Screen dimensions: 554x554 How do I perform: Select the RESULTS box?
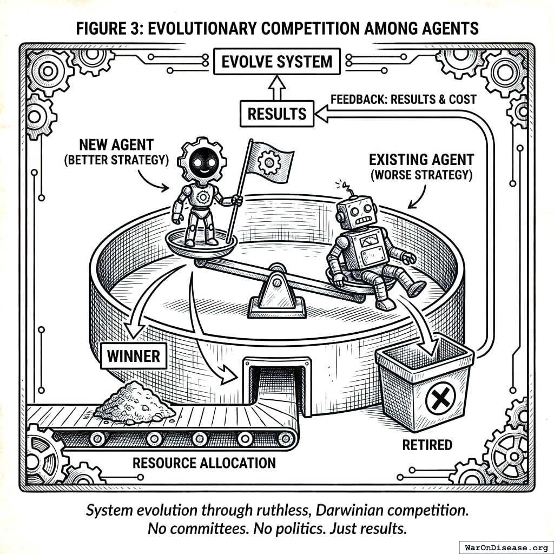pos(276,114)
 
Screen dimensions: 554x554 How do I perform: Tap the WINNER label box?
pos(133,356)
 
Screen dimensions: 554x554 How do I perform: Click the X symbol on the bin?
pos(439,401)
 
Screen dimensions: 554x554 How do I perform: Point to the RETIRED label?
pos(427,445)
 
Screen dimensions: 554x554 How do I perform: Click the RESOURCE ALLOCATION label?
pos(204,463)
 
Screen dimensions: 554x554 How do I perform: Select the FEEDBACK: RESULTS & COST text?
pos(403,99)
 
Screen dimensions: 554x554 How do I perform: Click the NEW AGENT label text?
pos(116,152)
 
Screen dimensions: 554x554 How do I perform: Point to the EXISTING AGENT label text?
pos(421,167)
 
